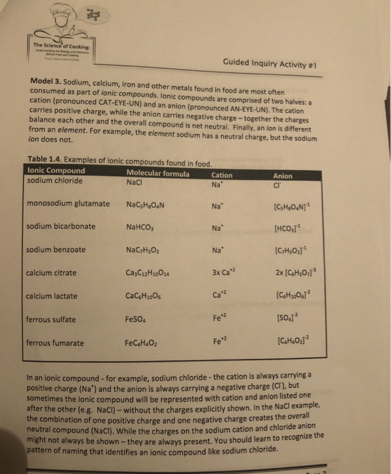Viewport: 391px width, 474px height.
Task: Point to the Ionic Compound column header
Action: [x=56, y=171]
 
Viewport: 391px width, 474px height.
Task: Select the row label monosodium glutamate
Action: [x=68, y=203]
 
